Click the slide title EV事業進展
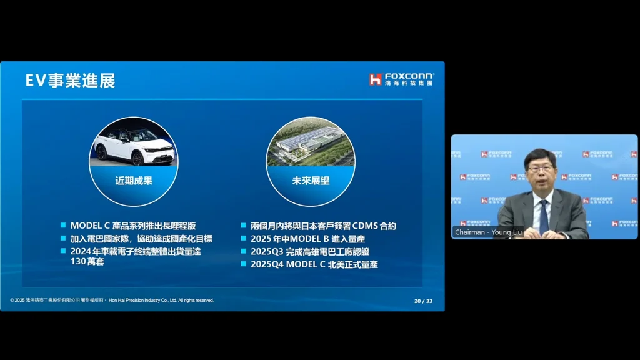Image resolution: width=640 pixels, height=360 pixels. (x=70, y=81)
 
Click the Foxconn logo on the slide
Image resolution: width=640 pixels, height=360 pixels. (x=402, y=79)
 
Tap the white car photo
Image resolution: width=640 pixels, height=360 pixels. (x=134, y=142)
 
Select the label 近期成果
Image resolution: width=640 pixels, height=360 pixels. (x=134, y=181)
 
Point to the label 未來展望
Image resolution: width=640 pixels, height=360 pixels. (x=311, y=181)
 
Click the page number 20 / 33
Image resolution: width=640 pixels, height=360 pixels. (x=423, y=301)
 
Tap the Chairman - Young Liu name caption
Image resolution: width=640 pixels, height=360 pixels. (x=488, y=232)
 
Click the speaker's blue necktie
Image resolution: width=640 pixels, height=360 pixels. (x=544, y=216)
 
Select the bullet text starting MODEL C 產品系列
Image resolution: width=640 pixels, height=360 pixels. (x=133, y=226)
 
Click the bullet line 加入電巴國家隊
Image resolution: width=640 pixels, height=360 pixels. (x=141, y=239)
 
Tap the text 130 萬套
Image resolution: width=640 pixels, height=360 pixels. (x=87, y=261)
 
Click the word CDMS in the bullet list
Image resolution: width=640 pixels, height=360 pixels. (x=365, y=226)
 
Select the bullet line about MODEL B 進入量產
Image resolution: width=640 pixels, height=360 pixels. (x=307, y=239)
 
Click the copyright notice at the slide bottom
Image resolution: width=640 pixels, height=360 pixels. (x=112, y=301)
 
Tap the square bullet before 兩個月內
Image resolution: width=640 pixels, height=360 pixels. (x=244, y=225)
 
